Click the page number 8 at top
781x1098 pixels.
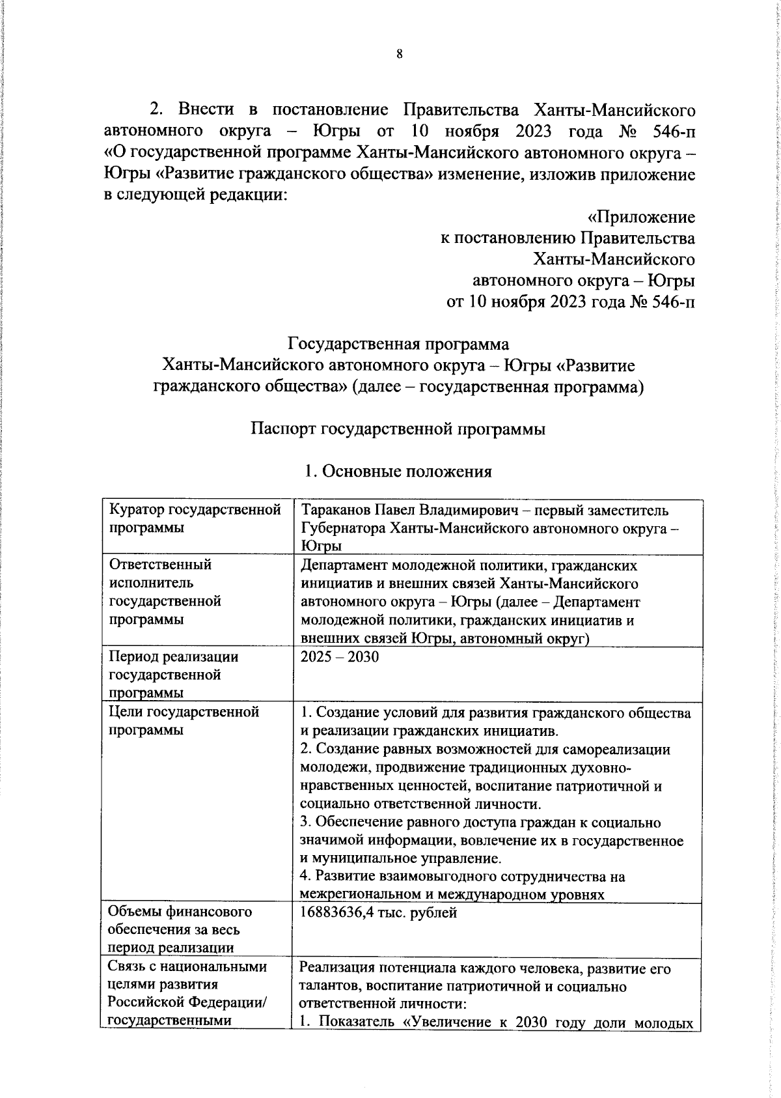click(400, 54)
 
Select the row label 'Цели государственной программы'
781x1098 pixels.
click(184, 720)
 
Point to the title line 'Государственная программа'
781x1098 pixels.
click(398, 343)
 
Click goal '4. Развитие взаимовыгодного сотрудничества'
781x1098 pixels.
click(462, 876)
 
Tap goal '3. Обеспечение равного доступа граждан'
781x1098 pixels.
click(480, 823)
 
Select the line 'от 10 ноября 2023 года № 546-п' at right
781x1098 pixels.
click(570, 302)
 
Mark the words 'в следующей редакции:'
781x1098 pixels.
click(195, 196)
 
